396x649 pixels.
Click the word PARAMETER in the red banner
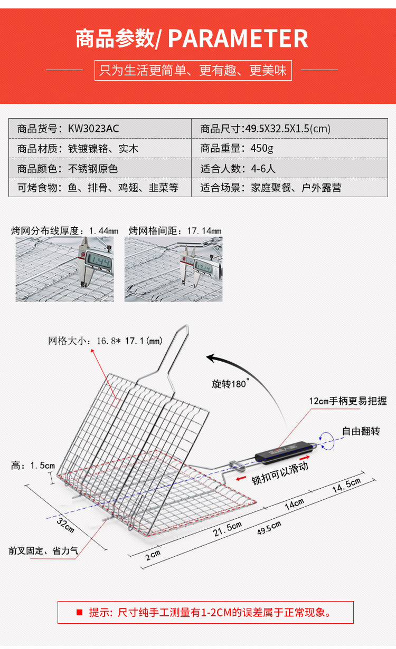(x=238, y=38)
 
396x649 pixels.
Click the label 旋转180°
(x=230, y=384)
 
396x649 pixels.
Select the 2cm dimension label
(x=153, y=555)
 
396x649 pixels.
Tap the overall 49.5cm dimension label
(x=269, y=527)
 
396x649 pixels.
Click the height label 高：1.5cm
(x=33, y=466)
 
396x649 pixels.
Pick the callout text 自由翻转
(x=361, y=431)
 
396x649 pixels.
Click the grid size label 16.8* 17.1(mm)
(x=106, y=341)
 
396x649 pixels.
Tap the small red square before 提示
(x=80, y=612)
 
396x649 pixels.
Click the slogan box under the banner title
(x=193, y=70)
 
